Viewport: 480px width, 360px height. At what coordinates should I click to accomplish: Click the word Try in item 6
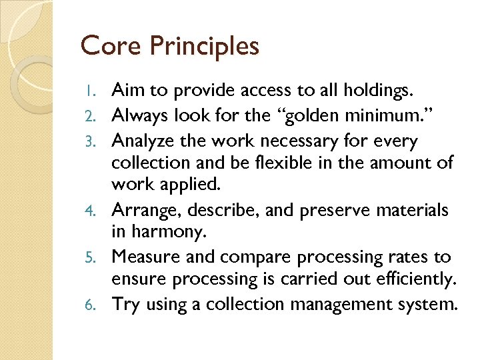(x=125, y=305)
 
